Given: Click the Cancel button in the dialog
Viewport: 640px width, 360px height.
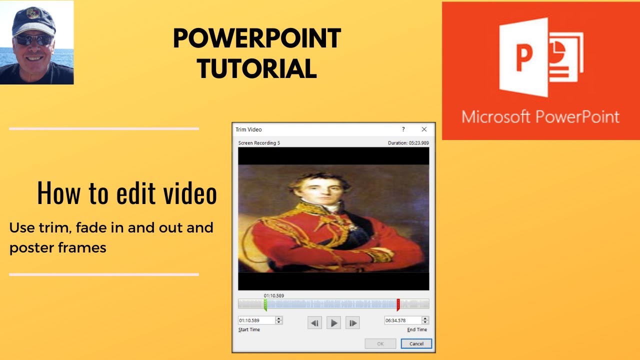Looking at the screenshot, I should [x=416, y=343].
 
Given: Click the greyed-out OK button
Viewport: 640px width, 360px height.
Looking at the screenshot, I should [x=380, y=343].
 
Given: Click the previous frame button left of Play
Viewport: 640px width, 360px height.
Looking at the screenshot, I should [x=314, y=323].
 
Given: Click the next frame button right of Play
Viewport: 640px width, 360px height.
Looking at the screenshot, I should [x=352, y=323].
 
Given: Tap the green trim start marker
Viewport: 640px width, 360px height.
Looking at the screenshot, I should [x=265, y=304].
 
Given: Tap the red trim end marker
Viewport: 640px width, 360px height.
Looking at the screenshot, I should [x=398, y=304].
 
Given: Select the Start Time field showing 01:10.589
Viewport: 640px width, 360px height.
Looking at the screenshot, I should [x=256, y=320].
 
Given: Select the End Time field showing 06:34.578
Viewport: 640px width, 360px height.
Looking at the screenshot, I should [x=402, y=320].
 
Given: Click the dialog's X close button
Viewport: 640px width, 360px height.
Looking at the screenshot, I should [x=424, y=129].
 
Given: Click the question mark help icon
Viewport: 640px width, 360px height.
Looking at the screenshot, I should [x=403, y=129].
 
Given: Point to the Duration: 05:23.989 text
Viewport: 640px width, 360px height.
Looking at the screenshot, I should [x=408, y=143].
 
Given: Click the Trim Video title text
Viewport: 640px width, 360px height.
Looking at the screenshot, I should [x=248, y=129].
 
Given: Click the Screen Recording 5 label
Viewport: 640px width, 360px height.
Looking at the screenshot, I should [x=259, y=143].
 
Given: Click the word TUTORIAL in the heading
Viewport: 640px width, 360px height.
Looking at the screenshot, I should [x=257, y=69].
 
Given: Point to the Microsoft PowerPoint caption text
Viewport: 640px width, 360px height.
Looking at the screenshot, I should [x=540, y=116].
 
